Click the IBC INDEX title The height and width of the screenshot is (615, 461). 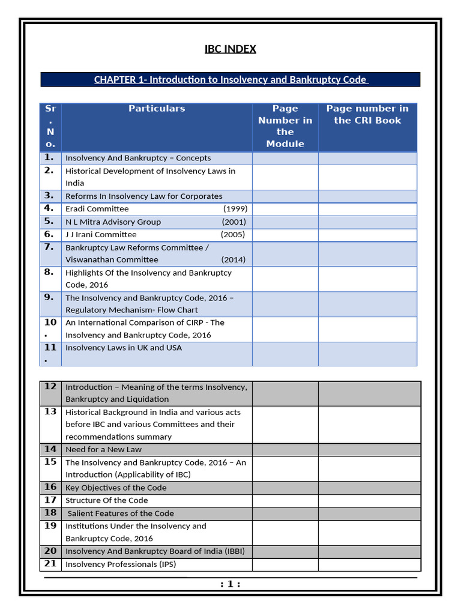click(230, 49)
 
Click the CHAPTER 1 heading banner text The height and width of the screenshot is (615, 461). click(230, 80)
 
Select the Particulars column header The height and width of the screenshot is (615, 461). click(157, 109)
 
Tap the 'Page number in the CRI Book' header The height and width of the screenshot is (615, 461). click(367, 114)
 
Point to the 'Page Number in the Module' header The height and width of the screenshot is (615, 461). click(285, 126)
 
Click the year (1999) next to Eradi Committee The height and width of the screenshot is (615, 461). click(235, 209)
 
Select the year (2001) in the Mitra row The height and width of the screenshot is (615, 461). click(234, 222)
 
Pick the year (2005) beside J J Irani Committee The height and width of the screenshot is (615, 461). click(233, 235)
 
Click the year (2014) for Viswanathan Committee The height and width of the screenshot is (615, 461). click(234, 260)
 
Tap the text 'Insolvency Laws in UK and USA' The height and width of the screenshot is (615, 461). click(124, 348)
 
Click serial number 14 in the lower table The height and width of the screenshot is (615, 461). click(50, 449)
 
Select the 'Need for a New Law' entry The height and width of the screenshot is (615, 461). click(103, 450)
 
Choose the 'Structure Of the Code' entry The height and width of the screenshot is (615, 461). click(106, 500)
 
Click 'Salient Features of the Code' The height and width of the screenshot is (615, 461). click(121, 514)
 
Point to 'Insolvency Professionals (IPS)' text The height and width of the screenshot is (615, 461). click(121, 565)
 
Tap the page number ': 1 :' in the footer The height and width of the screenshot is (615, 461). click(230, 584)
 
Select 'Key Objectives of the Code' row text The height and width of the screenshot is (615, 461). click(116, 488)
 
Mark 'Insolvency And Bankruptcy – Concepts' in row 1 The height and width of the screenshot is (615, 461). click(138, 159)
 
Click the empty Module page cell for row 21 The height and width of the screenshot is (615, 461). click(285, 565)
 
